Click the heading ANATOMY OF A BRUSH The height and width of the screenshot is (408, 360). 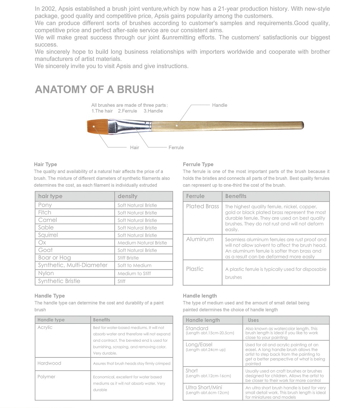tap(94, 90)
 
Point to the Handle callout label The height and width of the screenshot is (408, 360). tap(219, 105)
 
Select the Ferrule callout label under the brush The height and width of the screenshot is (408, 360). tap(176, 148)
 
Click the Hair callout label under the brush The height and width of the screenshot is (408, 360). tap(134, 148)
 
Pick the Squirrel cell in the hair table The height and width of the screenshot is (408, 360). tap(48, 235)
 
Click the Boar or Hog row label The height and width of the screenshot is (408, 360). tap(55, 258)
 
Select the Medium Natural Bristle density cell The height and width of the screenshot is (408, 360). tap(142, 243)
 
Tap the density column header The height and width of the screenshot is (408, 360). tap(127, 196)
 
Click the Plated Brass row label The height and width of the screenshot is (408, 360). tap(202, 206)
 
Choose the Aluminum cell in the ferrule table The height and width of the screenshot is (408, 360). tap(200, 239)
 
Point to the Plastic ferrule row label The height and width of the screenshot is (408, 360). tap(195, 269)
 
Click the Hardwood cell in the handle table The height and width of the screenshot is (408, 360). tap(49, 363)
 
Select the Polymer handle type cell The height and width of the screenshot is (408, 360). tap(46, 377)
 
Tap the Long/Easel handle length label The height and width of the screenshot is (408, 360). tap(199, 345)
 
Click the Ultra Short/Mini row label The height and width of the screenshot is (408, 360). tap(204, 388)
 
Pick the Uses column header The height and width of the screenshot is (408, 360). tap(253, 320)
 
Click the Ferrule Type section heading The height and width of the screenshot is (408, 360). tap(198, 164)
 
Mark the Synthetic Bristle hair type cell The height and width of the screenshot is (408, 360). tap(59, 281)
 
